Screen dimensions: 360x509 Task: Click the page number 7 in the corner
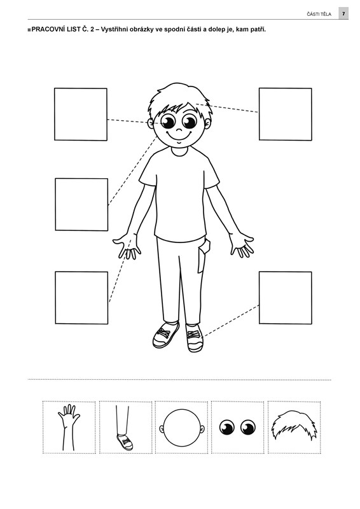(x=343, y=14)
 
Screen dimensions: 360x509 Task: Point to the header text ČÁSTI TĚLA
(x=319, y=14)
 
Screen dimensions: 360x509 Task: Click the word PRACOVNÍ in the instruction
(x=45, y=29)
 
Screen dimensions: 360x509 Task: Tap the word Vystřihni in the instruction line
(x=114, y=29)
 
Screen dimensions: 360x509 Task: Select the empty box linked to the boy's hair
(x=286, y=114)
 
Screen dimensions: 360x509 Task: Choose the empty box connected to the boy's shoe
(x=286, y=298)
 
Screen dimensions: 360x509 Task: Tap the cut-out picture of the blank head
(x=181, y=427)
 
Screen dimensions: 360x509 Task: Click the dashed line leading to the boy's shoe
(x=231, y=321)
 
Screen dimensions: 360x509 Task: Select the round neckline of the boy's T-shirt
(x=179, y=153)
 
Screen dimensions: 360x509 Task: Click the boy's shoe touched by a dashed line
(x=195, y=338)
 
